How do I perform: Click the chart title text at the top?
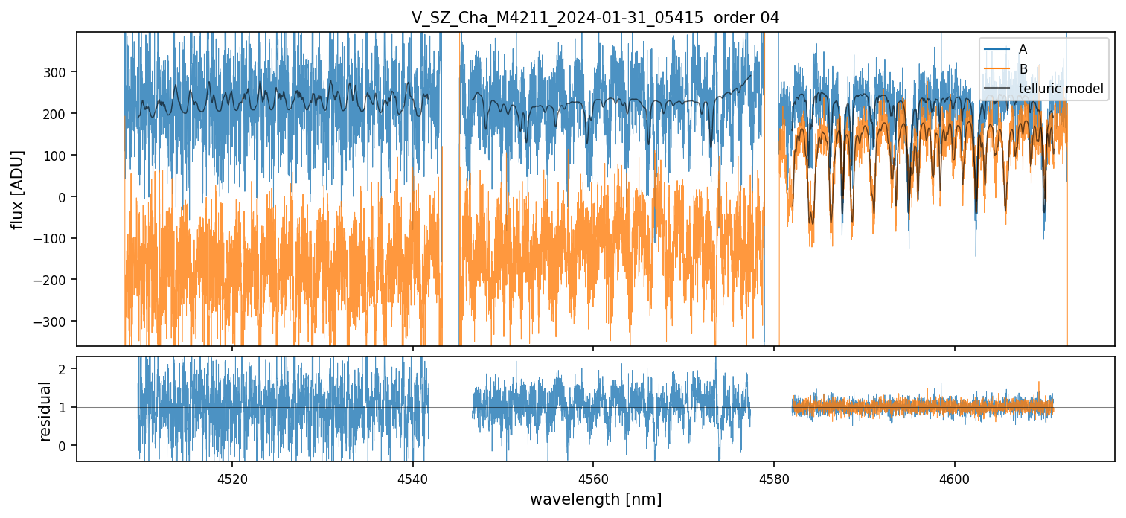(x=595, y=18)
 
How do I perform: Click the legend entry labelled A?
(x=1023, y=49)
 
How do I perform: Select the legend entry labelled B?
(x=1023, y=69)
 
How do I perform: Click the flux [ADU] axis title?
(x=18, y=189)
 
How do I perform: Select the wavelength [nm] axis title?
(x=595, y=499)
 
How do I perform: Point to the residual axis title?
(x=45, y=411)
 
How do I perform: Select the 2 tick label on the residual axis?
(x=63, y=370)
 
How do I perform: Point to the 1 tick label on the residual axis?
(x=63, y=408)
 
